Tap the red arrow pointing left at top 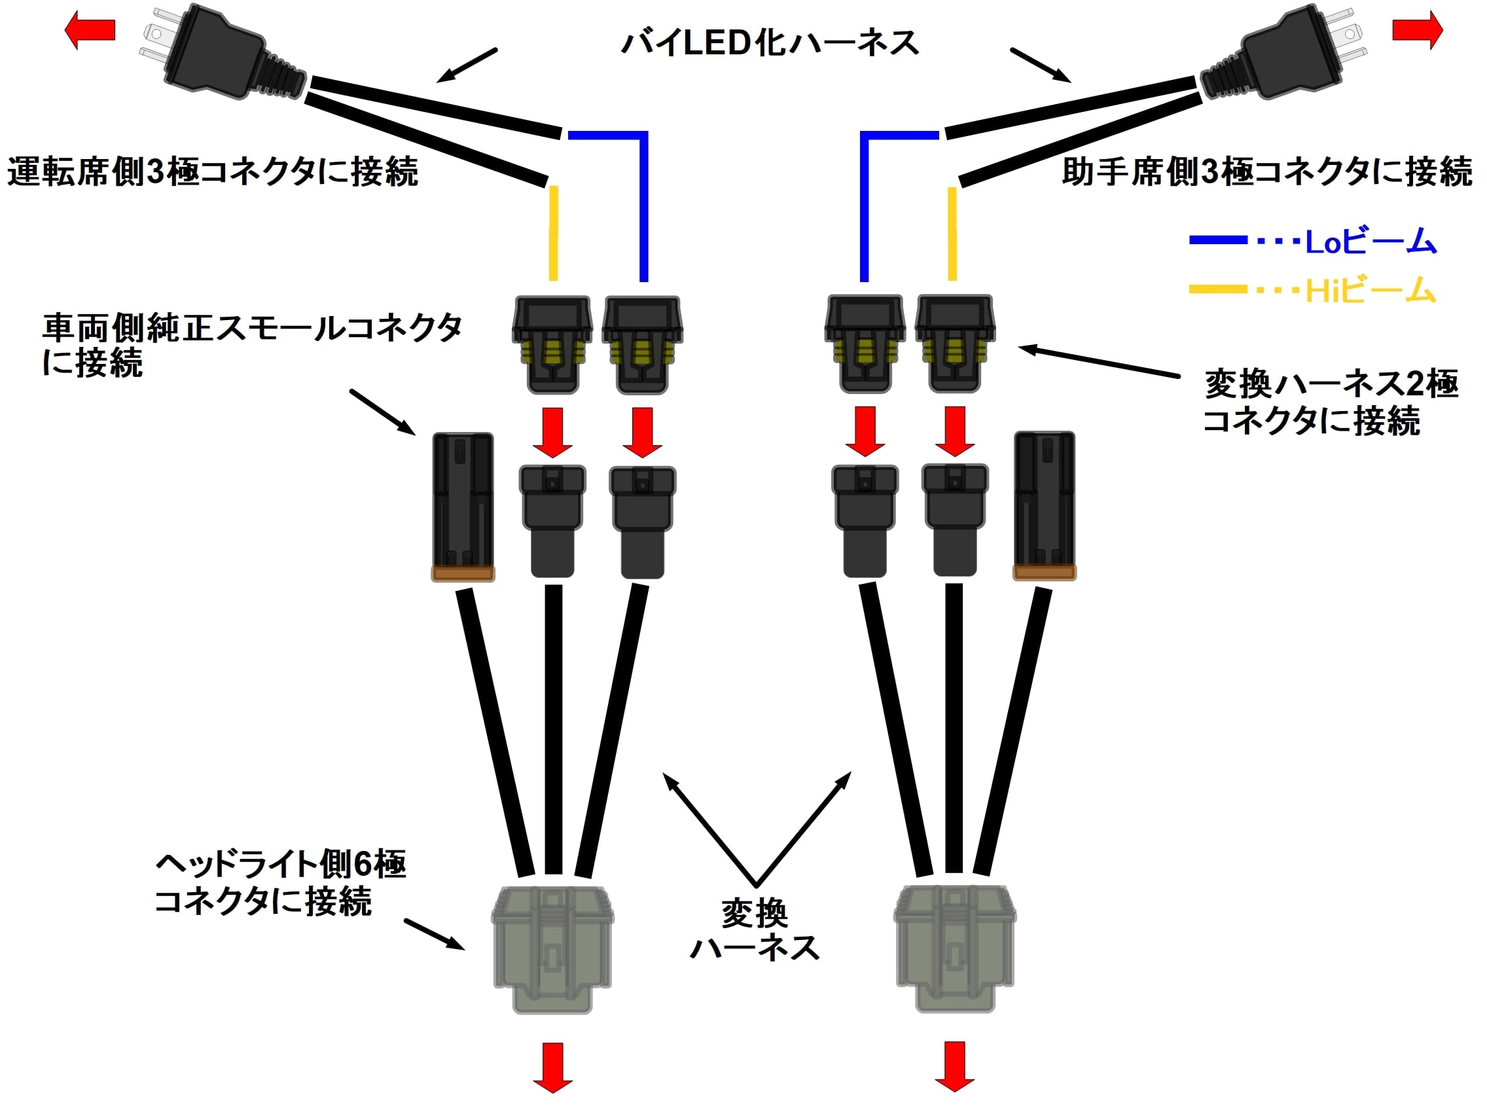coord(90,30)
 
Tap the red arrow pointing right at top coord(1417,30)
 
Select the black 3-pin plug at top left coord(215,54)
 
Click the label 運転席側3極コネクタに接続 coord(213,171)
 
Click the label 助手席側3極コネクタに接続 coord(1266,171)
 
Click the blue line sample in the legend coord(1217,240)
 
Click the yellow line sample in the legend coord(1217,290)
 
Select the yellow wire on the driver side coord(553,232)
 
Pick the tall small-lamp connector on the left coord(463,505)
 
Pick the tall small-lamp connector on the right coord(1044,505)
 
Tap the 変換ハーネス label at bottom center coord(755,931)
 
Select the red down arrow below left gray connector coord(552,1066)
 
